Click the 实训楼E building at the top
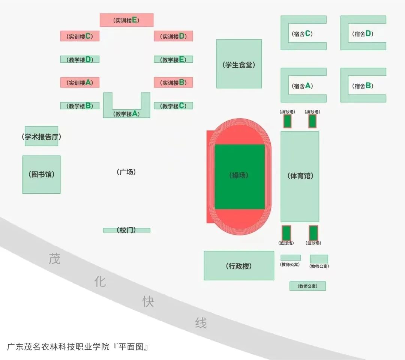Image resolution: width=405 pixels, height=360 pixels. click(126, 20)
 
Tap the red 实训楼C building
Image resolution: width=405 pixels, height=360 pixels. click(79, 36)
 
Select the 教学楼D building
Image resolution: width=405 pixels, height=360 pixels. click(79, 59)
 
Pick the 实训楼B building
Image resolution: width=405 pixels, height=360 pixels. click(173, 83)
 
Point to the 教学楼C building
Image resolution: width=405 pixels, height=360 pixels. click(173, 106)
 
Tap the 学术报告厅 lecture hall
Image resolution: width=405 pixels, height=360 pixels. click(41, 137)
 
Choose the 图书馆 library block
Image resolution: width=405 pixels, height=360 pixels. click(41, 175)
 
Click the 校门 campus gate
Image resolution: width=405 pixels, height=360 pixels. click(126, 230)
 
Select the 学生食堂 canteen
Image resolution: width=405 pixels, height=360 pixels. click(239, 64)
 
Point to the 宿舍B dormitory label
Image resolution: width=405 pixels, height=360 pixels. click(363, 86)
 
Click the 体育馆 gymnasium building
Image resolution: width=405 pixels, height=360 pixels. click(300, 176)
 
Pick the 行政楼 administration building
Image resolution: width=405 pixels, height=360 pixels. click(239, 266)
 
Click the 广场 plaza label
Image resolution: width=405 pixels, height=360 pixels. click(126, 172)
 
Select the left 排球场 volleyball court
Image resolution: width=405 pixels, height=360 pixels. click(288, 121)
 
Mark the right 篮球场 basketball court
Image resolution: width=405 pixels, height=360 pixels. click(313, 233)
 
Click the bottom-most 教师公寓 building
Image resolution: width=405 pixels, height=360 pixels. click(307, 286)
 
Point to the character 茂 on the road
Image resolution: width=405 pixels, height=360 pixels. click(54, 259)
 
